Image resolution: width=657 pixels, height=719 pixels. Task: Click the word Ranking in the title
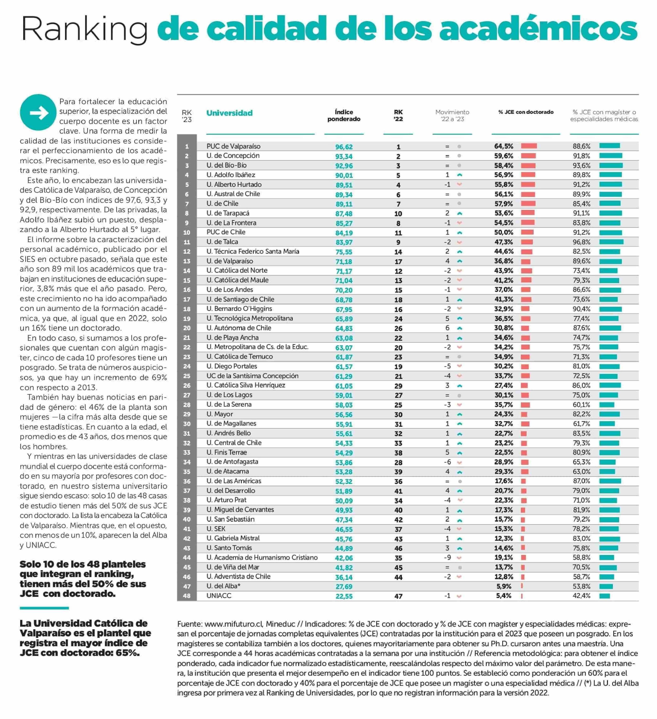click(x=84, y=29)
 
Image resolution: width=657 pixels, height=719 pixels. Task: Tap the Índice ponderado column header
click(x=344, y=115)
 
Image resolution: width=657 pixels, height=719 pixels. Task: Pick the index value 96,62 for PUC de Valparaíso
click(x=344, y=146)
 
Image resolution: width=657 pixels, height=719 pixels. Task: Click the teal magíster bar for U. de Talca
click(x=611, y=242)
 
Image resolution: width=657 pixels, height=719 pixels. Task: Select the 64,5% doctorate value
click(x=504, y=146)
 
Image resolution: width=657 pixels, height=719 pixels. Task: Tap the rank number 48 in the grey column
click(x=187, y=596)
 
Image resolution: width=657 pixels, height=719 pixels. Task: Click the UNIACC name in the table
click(x=219, y=596)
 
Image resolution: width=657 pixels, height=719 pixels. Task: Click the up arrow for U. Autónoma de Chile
click(x=460, y=328)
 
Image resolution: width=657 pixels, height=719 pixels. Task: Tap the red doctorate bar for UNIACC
click(x=522, y=596)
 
